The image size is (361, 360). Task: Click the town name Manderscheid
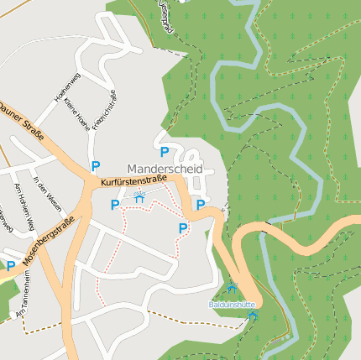coord(165,169)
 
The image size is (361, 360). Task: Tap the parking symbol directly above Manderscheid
coord(165,152)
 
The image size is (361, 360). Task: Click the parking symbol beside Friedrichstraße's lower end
coord(96,166)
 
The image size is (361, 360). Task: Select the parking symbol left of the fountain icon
coord(115,204)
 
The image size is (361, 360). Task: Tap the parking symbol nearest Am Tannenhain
coord(11,266)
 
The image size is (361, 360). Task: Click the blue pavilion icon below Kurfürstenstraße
coord(139,197)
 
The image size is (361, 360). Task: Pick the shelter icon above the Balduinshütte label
coord(232,290)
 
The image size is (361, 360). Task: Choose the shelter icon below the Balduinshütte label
coord(253,315)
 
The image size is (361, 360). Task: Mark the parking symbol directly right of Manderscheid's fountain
coord(201,204)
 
